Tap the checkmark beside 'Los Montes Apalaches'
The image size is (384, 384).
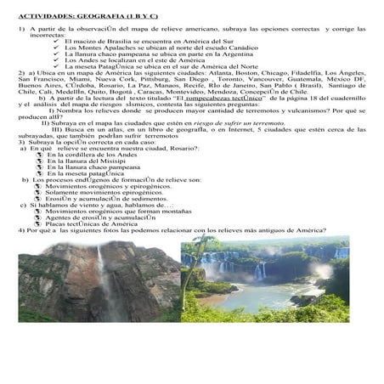pos(56,47)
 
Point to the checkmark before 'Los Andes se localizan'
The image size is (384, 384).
pos(56,59)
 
